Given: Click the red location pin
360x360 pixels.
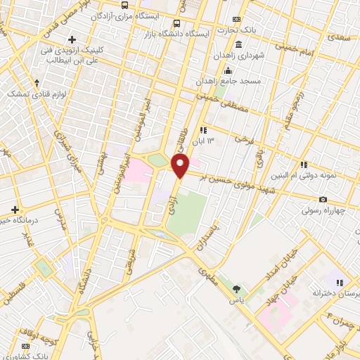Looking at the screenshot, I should pyautogui.click(x=181, y=167).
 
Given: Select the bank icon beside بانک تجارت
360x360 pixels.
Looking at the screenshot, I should pyautogui.click(x=236, y=19).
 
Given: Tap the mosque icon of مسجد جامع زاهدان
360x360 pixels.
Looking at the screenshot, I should pyautogui.click(x=226, y=72).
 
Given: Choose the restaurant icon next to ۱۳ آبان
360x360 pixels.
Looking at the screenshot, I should pyautogui.click(x=203, y=129).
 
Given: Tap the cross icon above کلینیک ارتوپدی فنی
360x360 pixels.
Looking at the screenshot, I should pyautogui.click(x=70, y=39).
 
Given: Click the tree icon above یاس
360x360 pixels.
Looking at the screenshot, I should pyautogui.click(x=236, y=288).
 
